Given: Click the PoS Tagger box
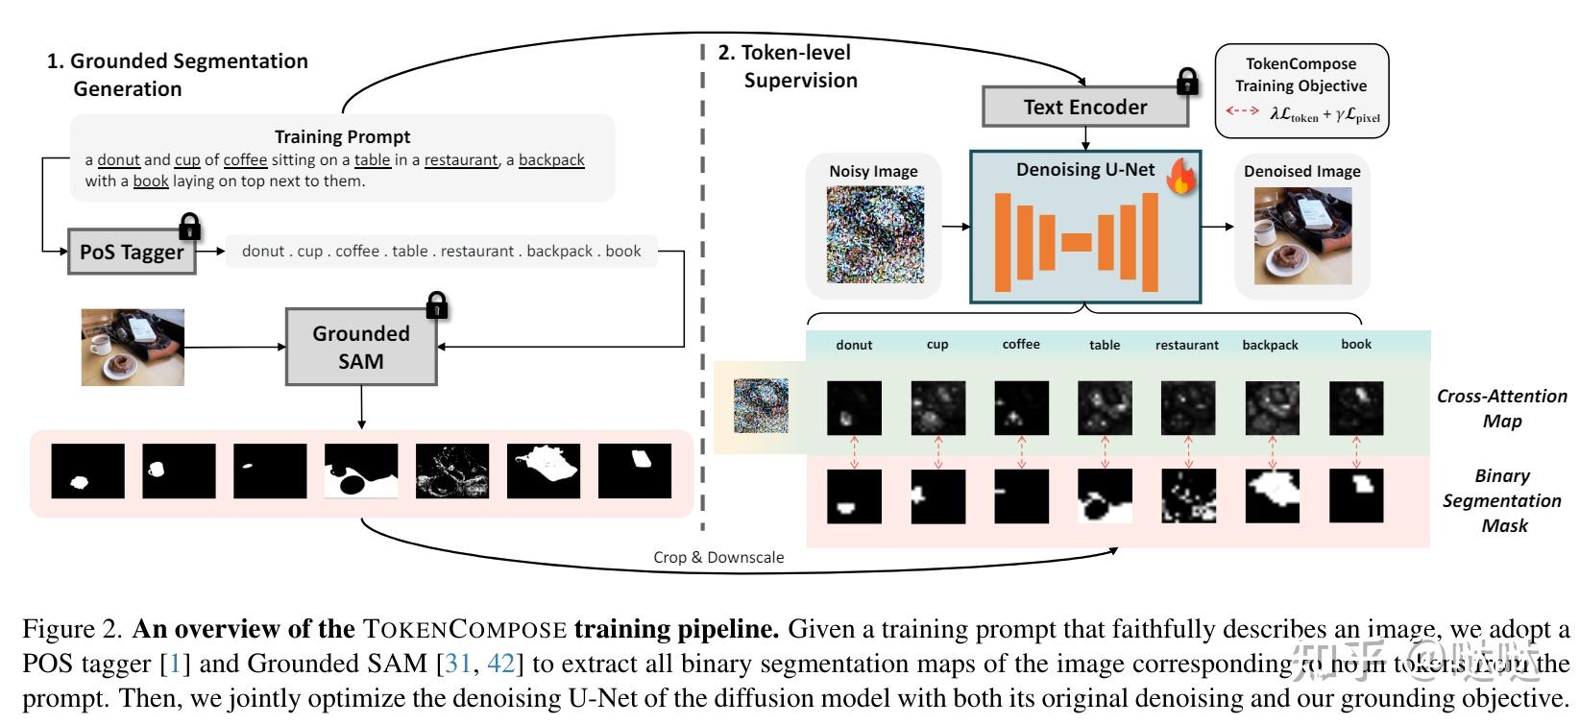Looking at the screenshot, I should [132, 253].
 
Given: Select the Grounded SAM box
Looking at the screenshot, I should [361, 347].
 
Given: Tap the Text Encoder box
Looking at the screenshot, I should [1084, 107].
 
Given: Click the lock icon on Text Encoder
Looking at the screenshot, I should [1188, 82].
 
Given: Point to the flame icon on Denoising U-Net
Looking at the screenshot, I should [1180, 176].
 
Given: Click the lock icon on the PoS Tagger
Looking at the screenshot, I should [190, 227].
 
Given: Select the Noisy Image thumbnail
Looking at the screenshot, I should [875, 235].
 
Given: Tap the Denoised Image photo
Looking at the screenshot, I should [1302, 236].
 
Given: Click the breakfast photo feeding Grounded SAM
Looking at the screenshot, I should [133, 347].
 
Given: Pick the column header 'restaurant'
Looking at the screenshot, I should [1187, 345].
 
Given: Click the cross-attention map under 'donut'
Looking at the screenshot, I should [854, 408].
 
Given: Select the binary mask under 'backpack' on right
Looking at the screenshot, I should [1272, 495].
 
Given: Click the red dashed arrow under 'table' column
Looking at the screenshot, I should [1105, 451].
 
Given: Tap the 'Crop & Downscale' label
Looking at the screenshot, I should [718, 557].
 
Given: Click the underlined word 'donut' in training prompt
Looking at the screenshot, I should [119, 160].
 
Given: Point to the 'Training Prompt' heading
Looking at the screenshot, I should [342, 136].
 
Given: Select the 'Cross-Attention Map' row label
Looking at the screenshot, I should [1501, 408].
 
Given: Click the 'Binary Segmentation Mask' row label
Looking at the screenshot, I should [1502, 500].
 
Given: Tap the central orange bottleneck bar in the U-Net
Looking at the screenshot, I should [1077, 242].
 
